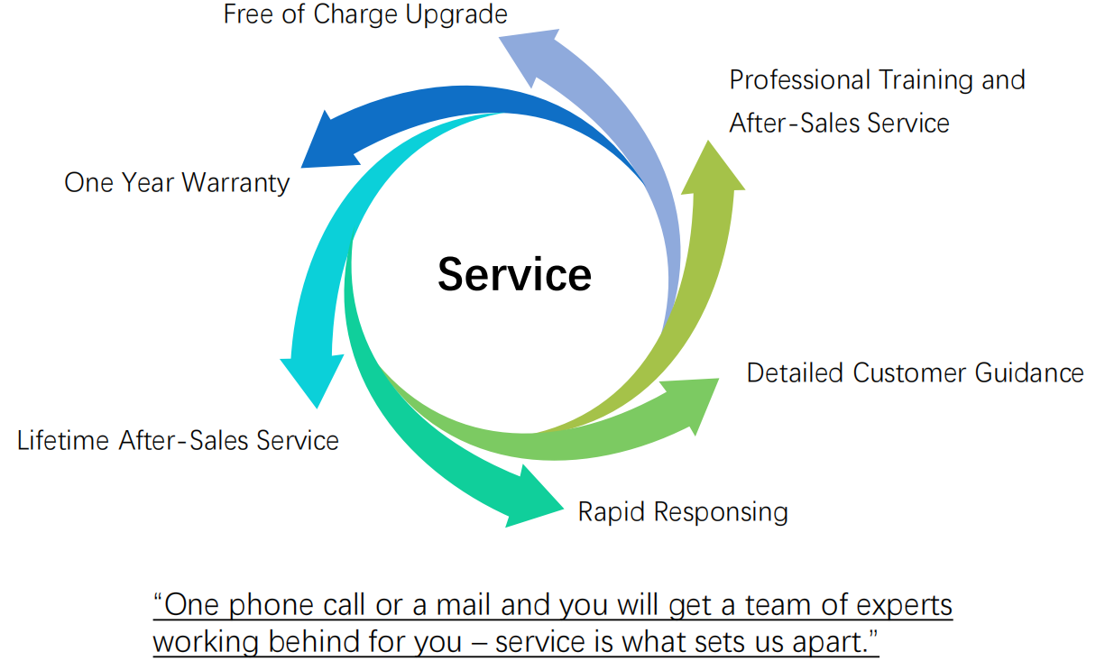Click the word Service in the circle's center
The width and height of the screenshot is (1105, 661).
(x=514, y=273)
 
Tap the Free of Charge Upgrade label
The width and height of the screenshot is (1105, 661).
(x=365, y=14)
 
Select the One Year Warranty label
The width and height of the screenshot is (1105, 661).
(x=177, y=183)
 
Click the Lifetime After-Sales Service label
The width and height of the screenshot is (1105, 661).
(x=178, y=440)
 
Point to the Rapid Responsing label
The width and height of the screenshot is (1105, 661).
(x=683, y=512)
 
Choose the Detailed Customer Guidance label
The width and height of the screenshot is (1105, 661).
(x=915, y=372)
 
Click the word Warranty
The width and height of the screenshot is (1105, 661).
(x=235, y=183)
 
